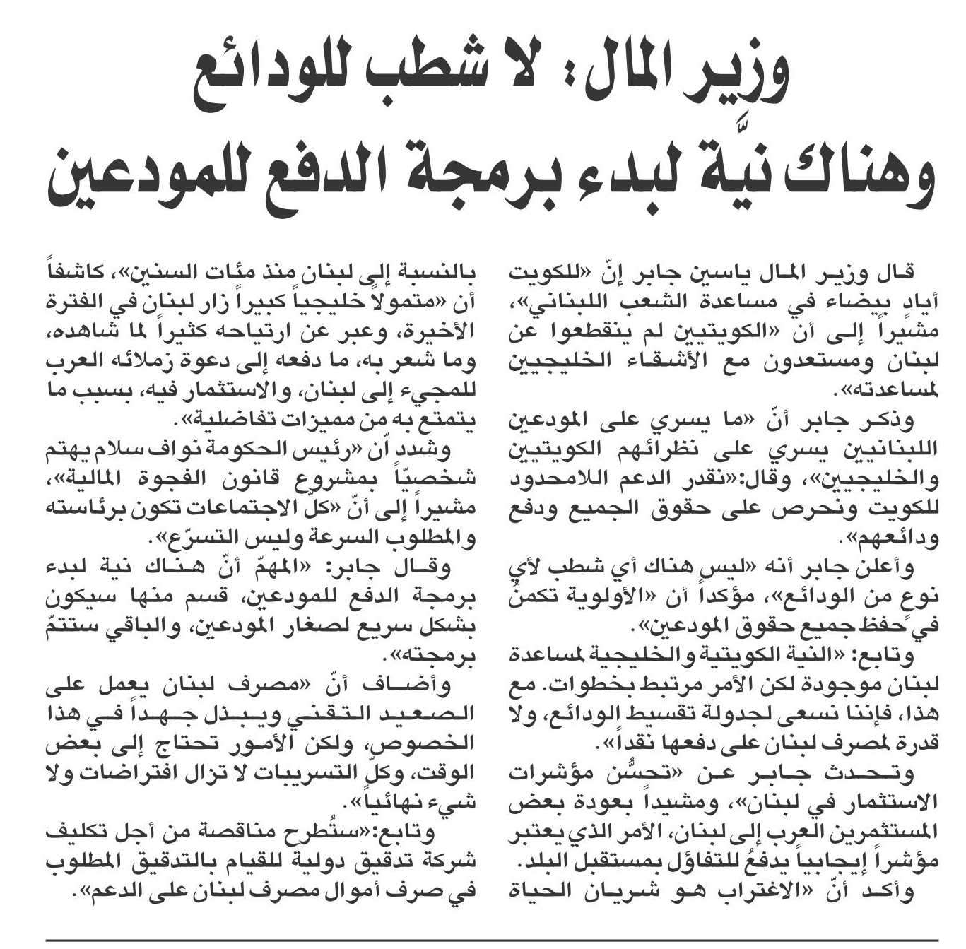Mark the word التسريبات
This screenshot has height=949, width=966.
click(330, 774)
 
